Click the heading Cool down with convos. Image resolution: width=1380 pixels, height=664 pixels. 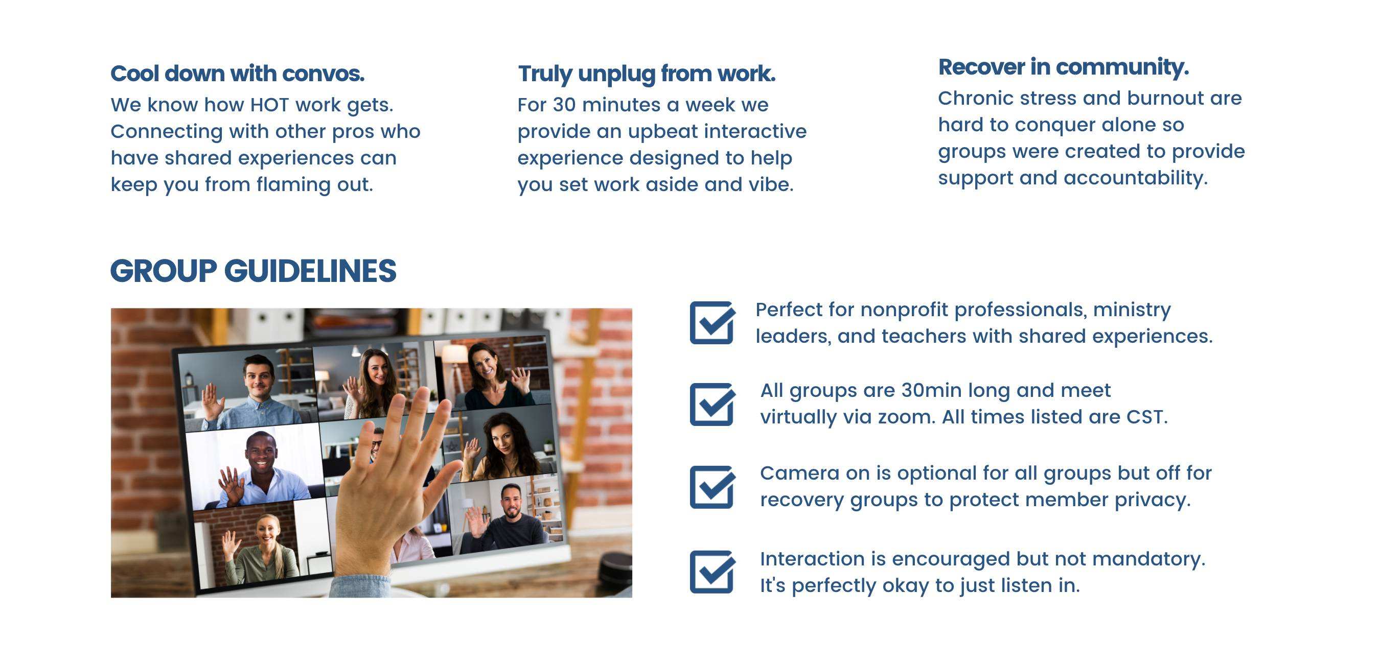pyautogui.click(x=237, y=74)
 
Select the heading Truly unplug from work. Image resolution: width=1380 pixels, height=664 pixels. pyautogui.click(x=647, y=74)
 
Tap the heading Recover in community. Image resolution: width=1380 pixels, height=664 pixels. pyautogui.click(x=1064, y=67)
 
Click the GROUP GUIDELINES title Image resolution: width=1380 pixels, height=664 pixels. pyautogui.click(x=254, y=271)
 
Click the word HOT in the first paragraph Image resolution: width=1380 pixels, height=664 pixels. pyautogui.click(x=269, y=105)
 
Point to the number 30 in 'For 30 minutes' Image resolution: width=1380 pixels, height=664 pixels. pyautogui.click(x=564, y=105)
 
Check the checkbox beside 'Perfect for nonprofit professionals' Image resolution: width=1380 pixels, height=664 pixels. pyautogui.click(x=712, y=323)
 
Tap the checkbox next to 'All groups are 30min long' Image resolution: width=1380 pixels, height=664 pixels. pyautogui.click(x=712, y=405)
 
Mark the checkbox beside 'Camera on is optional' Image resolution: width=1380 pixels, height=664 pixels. pyautogui.click(x=712, y=487)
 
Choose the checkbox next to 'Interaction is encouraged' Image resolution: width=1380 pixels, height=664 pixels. pyautogui.click(x=712, y=572)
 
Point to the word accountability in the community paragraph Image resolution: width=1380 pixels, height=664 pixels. pyautogui.click(x=1135, y=179)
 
